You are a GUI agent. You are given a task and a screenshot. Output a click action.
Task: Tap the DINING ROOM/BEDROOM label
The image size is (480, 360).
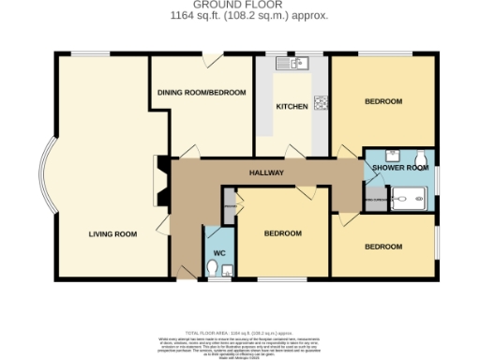pos(201,93)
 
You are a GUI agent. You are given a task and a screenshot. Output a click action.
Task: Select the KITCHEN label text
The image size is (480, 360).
pos(292,107)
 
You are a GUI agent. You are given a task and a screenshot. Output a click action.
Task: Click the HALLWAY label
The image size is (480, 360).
pos(266,173)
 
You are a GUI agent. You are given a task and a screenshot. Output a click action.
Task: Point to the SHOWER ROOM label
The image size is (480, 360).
pos(400,167)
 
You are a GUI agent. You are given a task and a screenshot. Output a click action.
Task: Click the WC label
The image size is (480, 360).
pos(219,253)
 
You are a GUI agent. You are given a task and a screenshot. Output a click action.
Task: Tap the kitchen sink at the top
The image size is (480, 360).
pos(293,64)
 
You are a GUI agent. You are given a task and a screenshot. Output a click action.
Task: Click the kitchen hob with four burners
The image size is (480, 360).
pos(321,103)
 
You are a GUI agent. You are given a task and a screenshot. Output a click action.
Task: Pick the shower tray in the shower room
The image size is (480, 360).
pos(410,198)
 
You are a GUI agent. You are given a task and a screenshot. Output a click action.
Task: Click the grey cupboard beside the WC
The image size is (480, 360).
pos(228,207)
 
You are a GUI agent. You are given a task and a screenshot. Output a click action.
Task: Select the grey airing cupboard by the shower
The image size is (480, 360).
pos(374,200)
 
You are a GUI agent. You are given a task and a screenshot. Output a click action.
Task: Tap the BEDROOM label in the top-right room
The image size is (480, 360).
pos(383,101)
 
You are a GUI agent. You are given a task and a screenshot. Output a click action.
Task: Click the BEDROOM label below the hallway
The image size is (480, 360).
pos(282,233)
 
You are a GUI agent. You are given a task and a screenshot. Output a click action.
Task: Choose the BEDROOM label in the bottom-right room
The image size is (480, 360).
pos(383,247)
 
